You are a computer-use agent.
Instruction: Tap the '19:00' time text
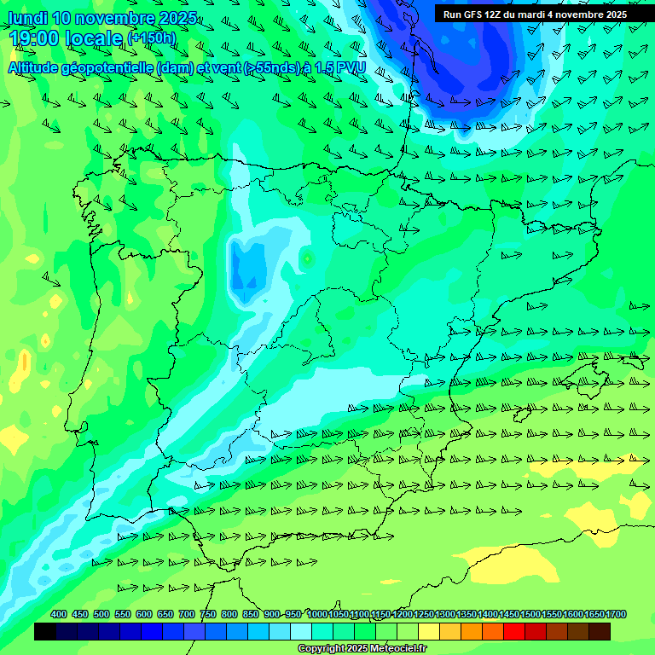pyautogui.click(x=34, y=38)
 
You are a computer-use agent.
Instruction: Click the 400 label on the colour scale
pyautogui.click(x=59, y=615)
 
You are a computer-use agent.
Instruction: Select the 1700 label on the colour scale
pyautogui.click(x=616, y=615)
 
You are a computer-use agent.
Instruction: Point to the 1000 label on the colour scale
pyautogui.click(x=316, y=615)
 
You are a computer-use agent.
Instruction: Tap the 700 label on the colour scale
pyautogui.click(x=187, y=615)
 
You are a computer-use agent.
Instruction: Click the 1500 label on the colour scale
pyautogui.click(x=530, y=615)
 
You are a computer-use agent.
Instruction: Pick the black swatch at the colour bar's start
pyautogui.click(x=45, y=632)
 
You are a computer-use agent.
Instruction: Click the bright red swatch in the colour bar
pyautogui.click(x=514, y=632)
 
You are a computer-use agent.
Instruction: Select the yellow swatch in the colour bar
pyautogui.click(x=429, y=632)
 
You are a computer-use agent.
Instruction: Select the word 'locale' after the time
pyautogui.click(x=93, y=38)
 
